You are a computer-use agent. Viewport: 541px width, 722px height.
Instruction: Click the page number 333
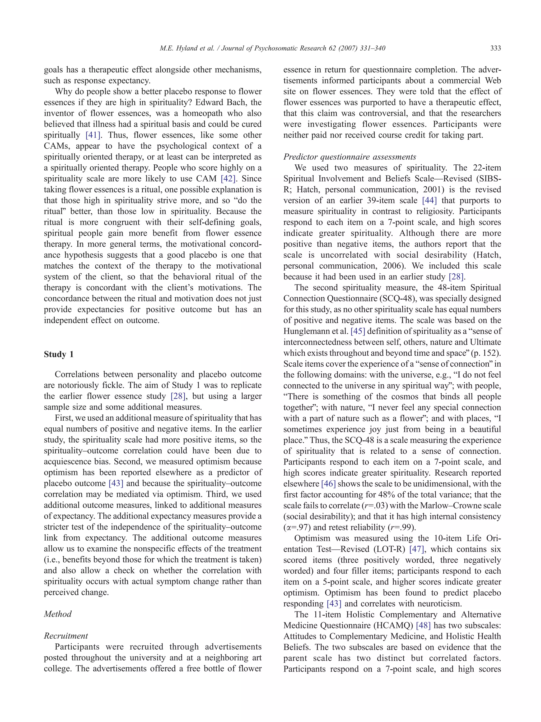coord(495,48)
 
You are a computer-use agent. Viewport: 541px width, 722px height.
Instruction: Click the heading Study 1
coord(59,355)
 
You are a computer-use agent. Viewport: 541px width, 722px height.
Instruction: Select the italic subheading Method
coord(58,614)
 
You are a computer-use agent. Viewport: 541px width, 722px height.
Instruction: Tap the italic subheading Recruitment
coord(66,636)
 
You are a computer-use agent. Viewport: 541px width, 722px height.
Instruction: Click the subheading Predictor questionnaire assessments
coord(349,157)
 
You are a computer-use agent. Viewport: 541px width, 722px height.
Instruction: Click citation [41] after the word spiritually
coord(93,135)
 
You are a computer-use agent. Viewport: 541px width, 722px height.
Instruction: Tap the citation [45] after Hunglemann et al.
coord(358,331)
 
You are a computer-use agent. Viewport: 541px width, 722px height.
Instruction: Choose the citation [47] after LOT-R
coord(416,549)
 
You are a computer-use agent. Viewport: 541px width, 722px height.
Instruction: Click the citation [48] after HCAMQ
coord(423,626)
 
